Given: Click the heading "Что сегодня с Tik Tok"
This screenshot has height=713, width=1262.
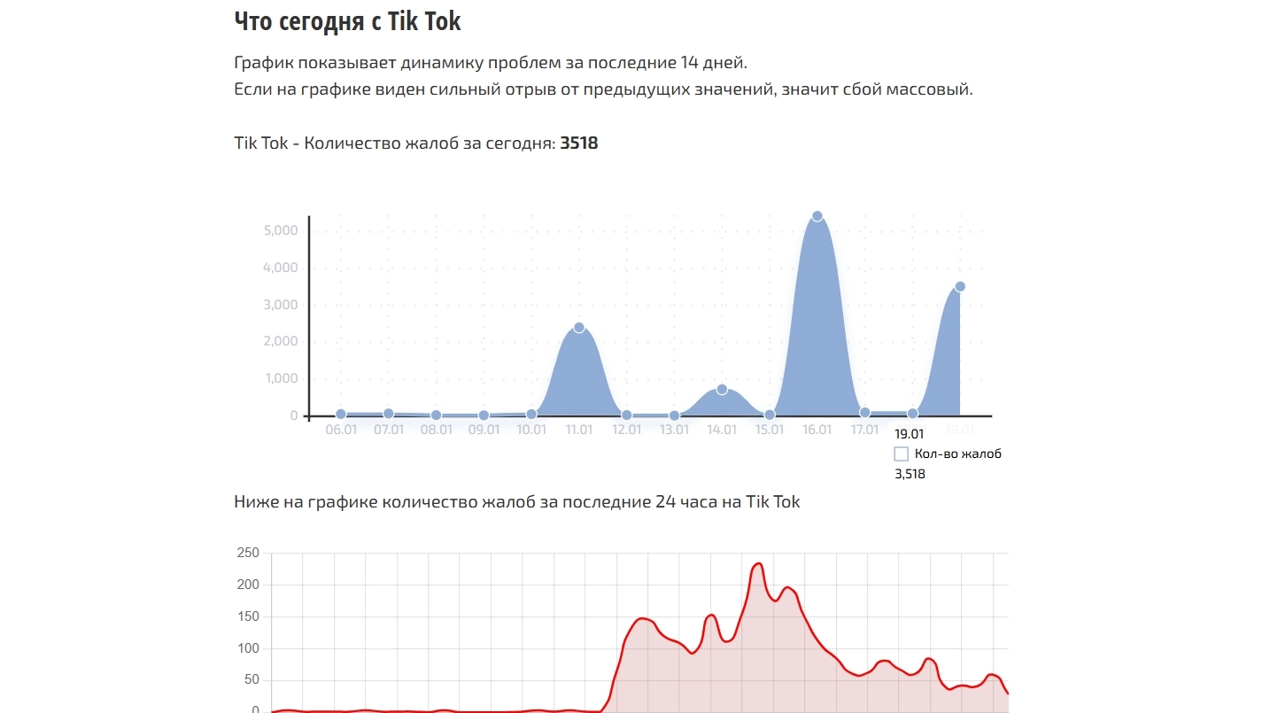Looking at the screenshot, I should point(347,21).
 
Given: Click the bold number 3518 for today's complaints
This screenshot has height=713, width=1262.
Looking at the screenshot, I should point(579,143).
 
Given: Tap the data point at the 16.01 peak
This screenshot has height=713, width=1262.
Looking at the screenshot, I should point(817,216).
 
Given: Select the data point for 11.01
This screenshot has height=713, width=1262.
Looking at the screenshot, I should point(579,328).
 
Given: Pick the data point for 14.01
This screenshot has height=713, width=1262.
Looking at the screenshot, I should point(722,390).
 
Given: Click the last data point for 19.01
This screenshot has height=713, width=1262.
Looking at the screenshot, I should point(960,286).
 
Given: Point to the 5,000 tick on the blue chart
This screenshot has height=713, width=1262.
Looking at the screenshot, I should point(281,231).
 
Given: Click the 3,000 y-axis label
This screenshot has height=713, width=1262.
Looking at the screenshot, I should point(281,306).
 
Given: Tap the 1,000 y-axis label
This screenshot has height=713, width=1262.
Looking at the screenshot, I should point(281,379).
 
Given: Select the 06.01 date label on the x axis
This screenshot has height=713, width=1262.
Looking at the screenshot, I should point(341,430).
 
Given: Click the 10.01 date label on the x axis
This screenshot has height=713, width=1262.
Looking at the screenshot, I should point(531,430).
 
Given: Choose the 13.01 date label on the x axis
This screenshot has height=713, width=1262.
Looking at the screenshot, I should point(674,430).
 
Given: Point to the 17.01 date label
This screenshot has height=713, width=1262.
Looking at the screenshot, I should point(864,430).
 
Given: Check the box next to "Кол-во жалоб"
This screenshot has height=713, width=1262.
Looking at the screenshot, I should point(902,454).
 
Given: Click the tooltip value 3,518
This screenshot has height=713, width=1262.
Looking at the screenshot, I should point(910,474).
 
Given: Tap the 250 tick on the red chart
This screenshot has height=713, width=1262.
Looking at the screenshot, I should point(248,554).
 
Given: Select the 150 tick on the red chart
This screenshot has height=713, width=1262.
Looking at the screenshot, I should point(248,617).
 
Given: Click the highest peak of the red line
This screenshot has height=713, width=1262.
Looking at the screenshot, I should point(758,563).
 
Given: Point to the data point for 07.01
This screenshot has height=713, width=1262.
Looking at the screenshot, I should point(389,414).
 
